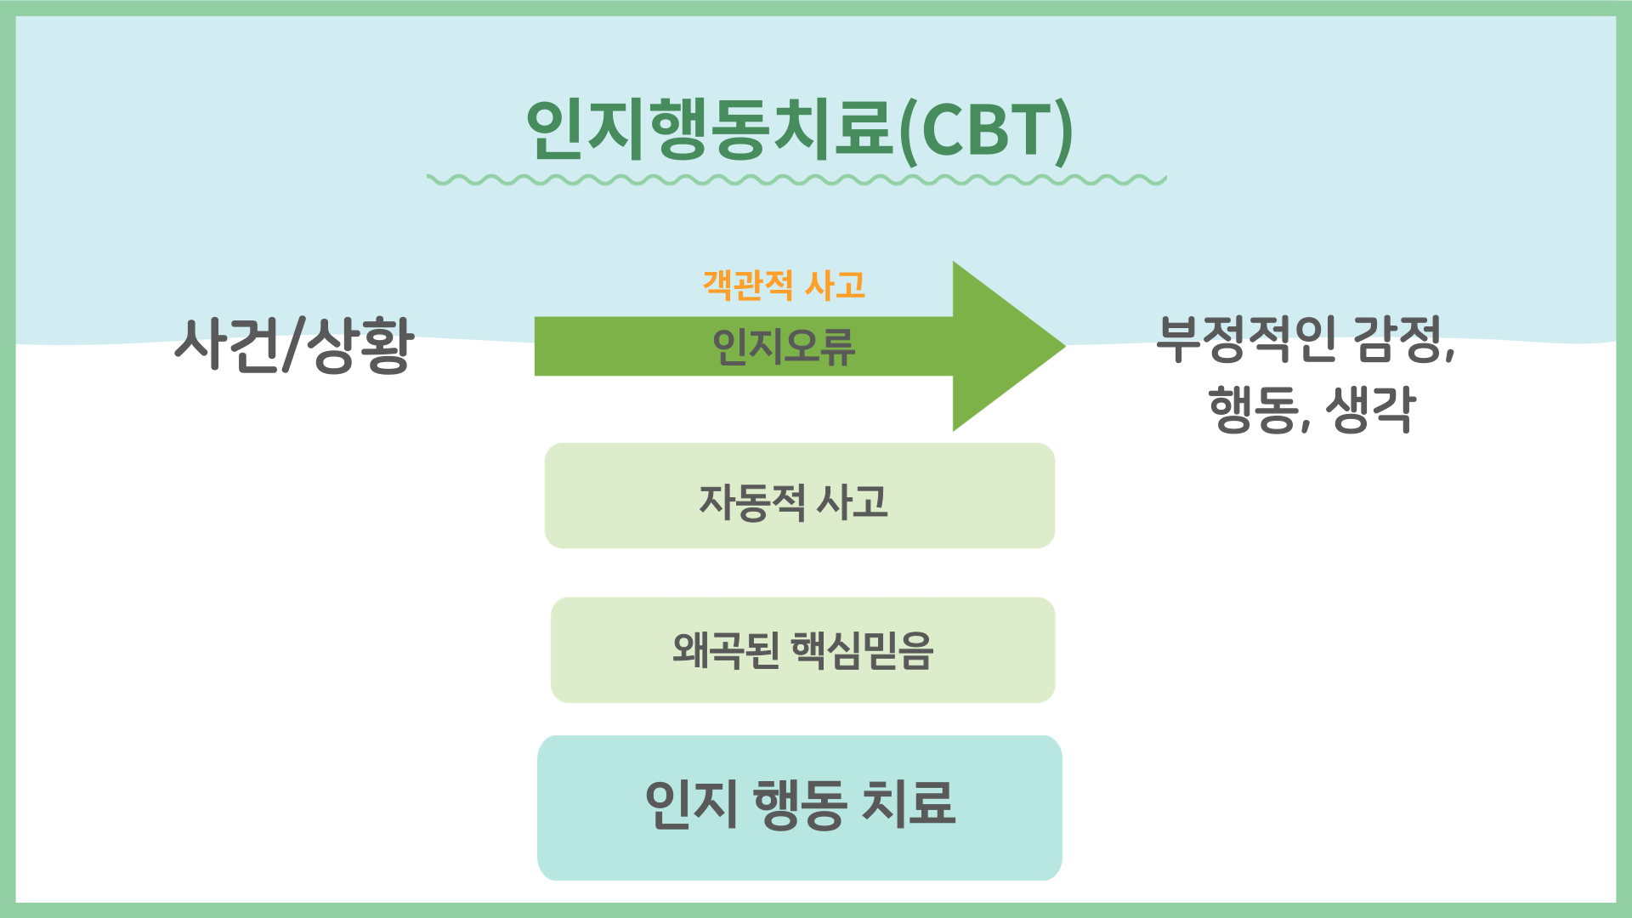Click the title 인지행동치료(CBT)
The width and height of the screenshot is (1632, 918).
pyautogui.click(x=799, y=129)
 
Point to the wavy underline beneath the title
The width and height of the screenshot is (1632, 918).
pyautogui.click(x=796, y=180)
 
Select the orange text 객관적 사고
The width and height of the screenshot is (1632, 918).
pyautogui.click(x=784, y=285)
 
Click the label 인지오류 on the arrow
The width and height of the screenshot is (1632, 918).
pyautogui.click(x=784, y=347)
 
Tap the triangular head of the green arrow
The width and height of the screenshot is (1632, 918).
pyautogui.click(x=1003, y=346)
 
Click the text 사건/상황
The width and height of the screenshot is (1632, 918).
pyautogui.click(x=294, y=345)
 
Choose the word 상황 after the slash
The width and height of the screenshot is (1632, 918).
pyautogui.click(x=360, y=345)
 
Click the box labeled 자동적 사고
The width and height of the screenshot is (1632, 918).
pyautogui.click(x=799, y=496)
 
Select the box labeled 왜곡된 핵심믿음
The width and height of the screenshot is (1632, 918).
pyautogui.click(x=802, y=650)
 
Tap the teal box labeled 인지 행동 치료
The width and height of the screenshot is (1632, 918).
pyautogui.click(x=799, y=807)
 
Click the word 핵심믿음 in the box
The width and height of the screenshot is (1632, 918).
pyautogui.click(x=862, y=651)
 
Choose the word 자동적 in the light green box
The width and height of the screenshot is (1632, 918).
pyautogui.click(x=751, y=501)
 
